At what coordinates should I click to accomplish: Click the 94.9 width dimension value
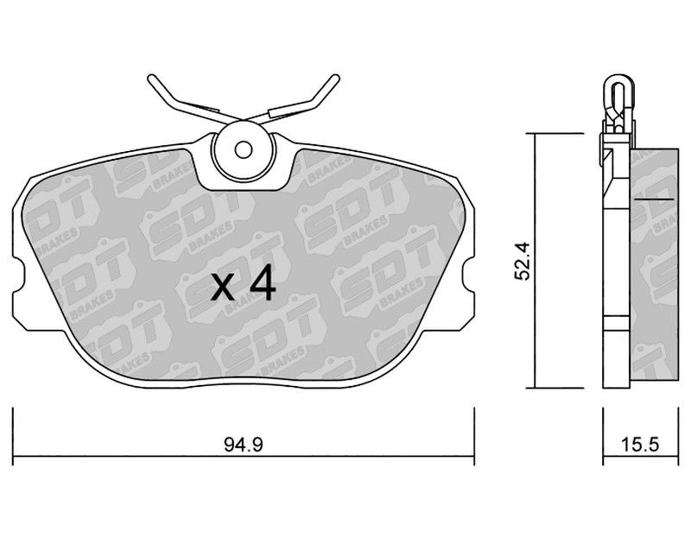244,445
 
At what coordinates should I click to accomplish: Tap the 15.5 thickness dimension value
640,445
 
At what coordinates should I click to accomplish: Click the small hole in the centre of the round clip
243,150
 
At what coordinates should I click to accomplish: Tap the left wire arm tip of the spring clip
150,78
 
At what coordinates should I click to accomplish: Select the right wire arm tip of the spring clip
336,78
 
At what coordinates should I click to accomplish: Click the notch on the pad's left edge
18,275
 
